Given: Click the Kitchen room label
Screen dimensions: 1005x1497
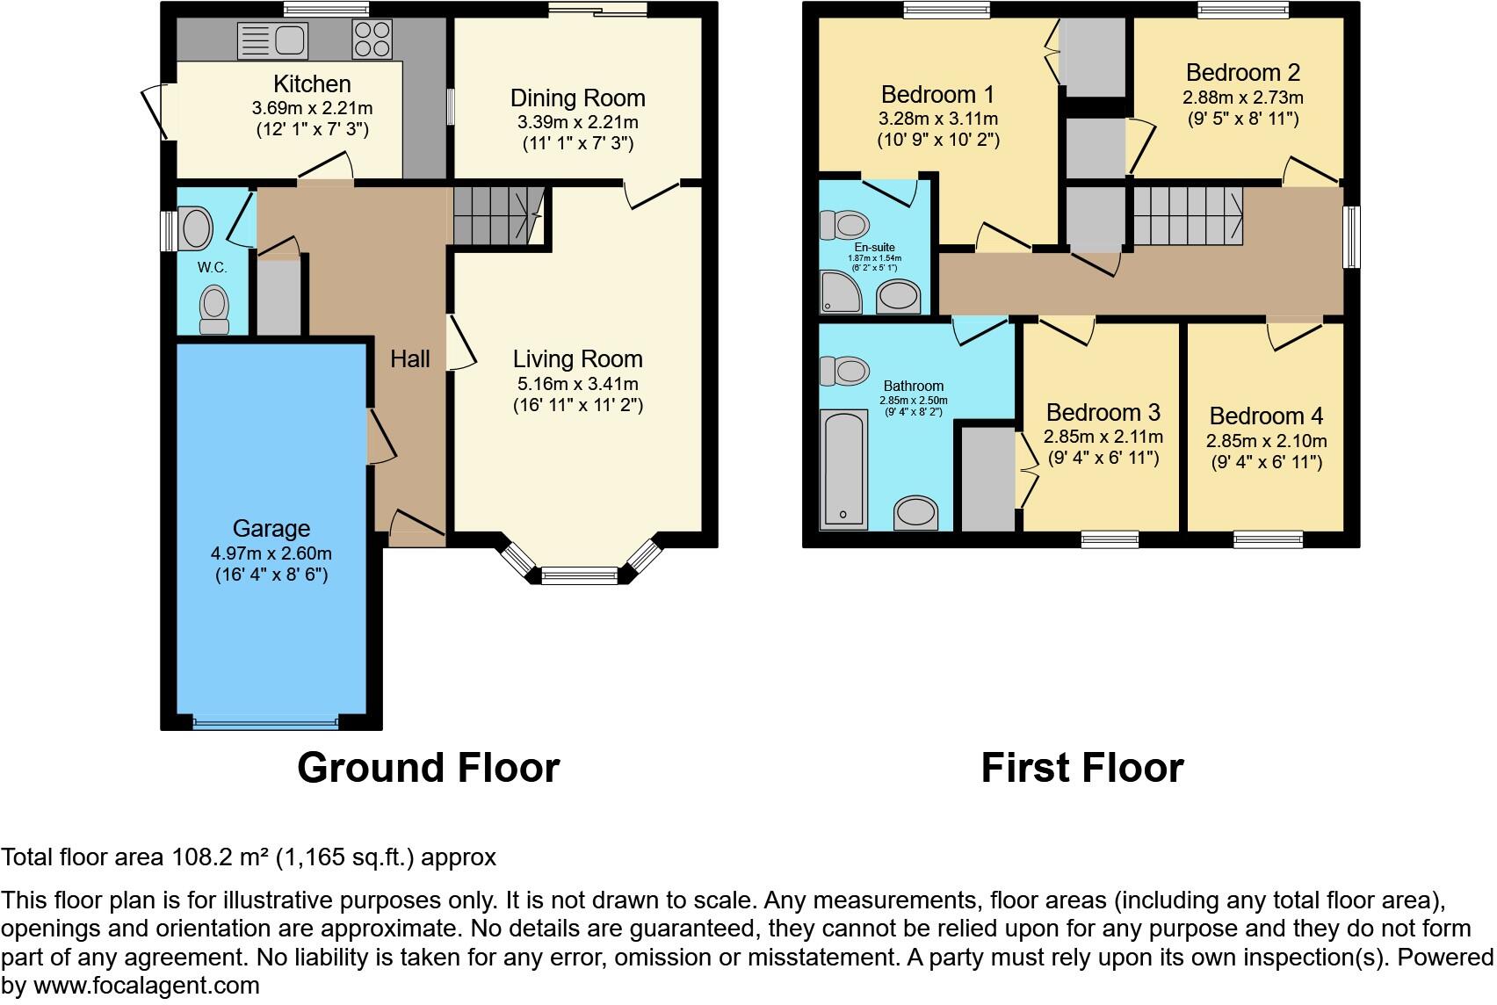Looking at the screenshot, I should (x=312, y=84).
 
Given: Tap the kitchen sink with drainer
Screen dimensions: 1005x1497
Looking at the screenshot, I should (x=272, y=40).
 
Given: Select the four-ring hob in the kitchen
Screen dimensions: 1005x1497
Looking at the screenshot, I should (x=372, y=40).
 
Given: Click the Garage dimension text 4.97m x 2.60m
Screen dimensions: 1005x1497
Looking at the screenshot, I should (x=271, y=553).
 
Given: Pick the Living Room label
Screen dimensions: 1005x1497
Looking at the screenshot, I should (x=577, y=358).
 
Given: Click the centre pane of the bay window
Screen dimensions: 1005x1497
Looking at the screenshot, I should (x=579, y=576).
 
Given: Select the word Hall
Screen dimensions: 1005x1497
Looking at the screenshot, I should (x=410, y=358).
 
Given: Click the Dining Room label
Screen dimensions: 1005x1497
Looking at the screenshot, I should (x=577, y=98).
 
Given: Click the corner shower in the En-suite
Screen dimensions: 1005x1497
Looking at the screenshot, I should (x=839, y=293).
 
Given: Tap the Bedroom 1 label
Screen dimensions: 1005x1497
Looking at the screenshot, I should (x=937, y=94).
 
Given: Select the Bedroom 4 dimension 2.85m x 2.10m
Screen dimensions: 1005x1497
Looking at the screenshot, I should (x=1266, y=441).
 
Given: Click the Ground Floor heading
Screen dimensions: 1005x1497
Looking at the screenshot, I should (x=428, y=767).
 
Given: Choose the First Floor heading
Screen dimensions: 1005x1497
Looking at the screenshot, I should (x=1081, y=767).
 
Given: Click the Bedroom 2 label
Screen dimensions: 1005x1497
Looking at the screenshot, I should (x=1242, y=73).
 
